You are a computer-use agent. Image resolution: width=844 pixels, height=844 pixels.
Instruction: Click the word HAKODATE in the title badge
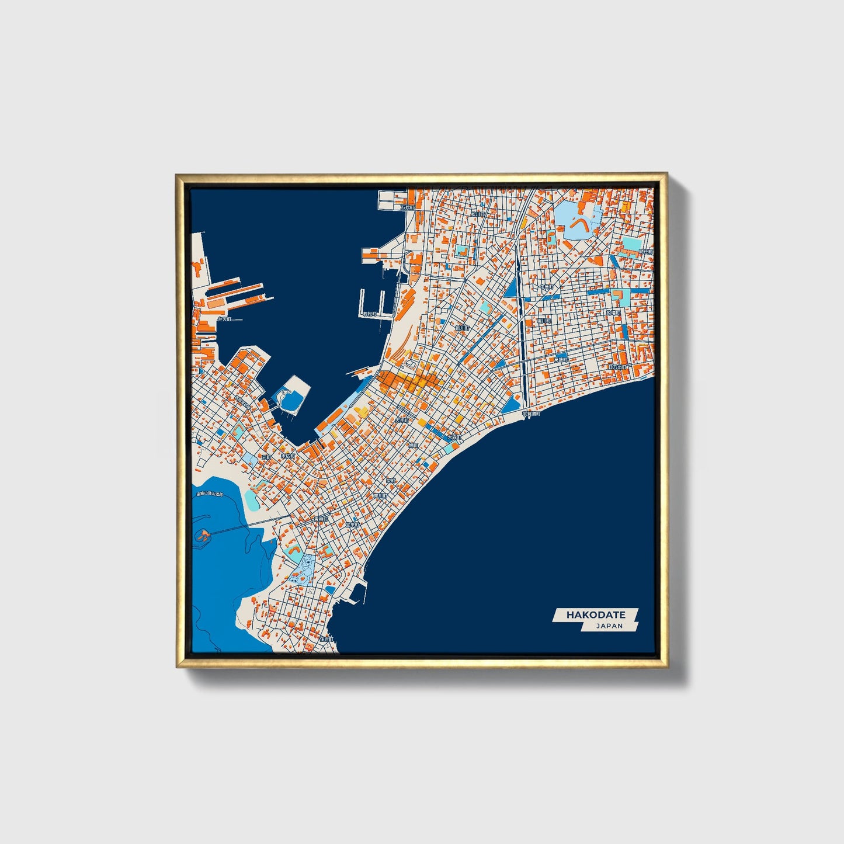(596, 614)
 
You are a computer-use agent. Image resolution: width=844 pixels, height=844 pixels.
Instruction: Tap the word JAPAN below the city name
(609, 626)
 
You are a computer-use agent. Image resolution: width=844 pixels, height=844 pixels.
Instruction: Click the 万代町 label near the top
(407, 207)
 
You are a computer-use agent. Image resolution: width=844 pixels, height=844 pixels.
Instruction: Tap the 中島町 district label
(546, 287)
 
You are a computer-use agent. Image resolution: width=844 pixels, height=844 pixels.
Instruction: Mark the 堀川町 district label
(544, 320)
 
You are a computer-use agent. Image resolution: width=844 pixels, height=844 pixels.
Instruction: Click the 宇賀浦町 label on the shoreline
(531, 413)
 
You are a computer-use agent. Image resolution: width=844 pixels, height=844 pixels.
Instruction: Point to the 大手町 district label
(401, 420)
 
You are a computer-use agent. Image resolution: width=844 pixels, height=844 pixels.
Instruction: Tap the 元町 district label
(266, 457)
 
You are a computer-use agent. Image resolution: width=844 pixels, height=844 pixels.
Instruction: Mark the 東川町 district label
(380, 495)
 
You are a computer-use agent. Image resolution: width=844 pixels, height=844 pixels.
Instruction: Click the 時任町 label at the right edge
(645, 251)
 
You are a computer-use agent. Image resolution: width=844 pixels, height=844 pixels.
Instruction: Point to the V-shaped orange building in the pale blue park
(579, 223)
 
